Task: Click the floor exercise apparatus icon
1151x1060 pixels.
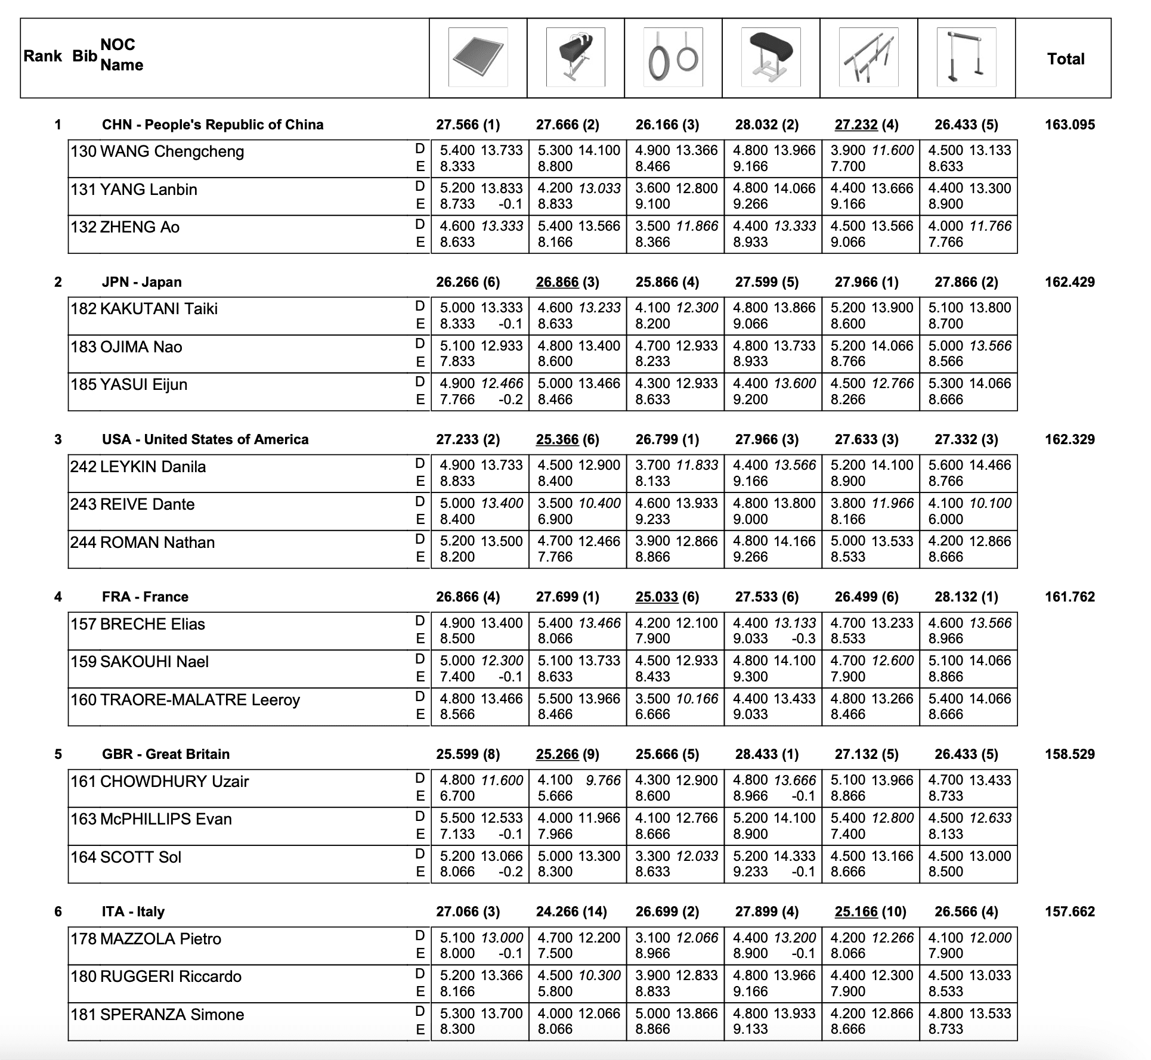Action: click(478, 57)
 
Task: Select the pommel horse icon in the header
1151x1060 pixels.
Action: click(575, 57)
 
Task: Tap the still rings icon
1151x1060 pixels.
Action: click(673, 57)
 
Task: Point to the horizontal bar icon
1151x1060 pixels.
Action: click(966, 57)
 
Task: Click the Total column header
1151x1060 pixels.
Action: click(1066, 59)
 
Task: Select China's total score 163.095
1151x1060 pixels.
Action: click(1070, 125)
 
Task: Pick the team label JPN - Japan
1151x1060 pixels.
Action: click(142, 282)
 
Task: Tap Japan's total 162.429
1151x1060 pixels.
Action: click(1070, 282)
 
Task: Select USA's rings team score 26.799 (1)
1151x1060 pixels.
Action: click(667, 439)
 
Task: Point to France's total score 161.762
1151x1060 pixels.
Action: click(1070, 597)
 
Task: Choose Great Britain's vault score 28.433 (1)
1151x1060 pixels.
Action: click(767, 754)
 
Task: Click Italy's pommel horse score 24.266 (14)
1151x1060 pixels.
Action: click(571, 912)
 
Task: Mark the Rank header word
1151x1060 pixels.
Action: click(43, 56)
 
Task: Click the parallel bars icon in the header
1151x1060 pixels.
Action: click(868, 57)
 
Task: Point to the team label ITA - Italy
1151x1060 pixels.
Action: click(133, 912)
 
